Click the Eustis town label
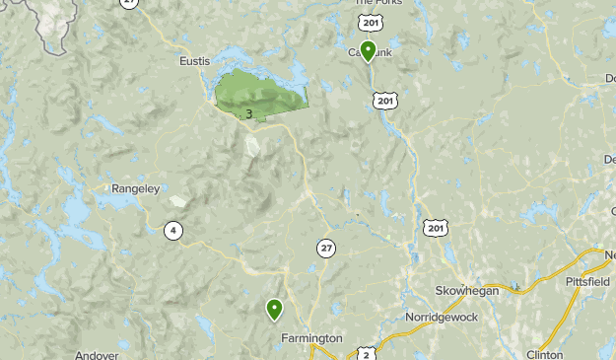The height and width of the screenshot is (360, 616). [195, 61]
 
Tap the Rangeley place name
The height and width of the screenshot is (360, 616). [135, 188]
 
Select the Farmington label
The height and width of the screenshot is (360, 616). [311, 338]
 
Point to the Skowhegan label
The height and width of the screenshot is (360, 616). [467, 291]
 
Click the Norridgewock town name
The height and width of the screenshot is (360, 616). [442, 318]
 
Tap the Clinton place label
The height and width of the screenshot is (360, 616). [544, 354]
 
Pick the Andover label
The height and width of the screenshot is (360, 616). [97, 354]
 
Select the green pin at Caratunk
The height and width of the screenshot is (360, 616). [368, 50]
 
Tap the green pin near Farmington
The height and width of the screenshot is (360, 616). [274, 310]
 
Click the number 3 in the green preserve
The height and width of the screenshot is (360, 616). [248, 114]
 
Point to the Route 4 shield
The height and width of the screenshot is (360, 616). [173, 231]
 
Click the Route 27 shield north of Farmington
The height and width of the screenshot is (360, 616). [325, 248]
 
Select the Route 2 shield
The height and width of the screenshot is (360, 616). [367, 353]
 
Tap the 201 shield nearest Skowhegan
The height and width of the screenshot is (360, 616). [435, 228]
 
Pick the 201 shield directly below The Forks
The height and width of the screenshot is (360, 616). [370, 22]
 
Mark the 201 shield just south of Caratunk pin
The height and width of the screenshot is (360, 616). [385, 100]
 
